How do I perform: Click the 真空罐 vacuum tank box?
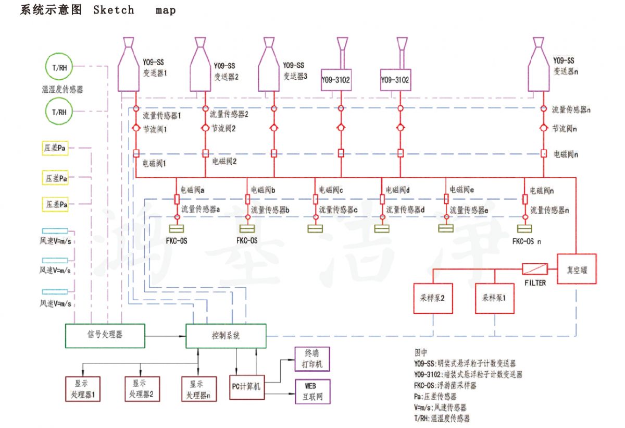click(577, 269)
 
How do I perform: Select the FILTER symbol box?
click(534, 269)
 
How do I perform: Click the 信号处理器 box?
click(105, 335)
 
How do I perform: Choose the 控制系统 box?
click(226, 335)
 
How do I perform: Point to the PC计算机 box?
click(246, 387)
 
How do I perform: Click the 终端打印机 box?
click(312, 359)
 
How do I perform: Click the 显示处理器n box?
click(198, 388)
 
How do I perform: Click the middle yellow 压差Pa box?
click(55, 178)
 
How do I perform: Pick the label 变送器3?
click(295, 76)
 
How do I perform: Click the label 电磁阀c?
click(331, 190)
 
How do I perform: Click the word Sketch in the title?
click(114, 10)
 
